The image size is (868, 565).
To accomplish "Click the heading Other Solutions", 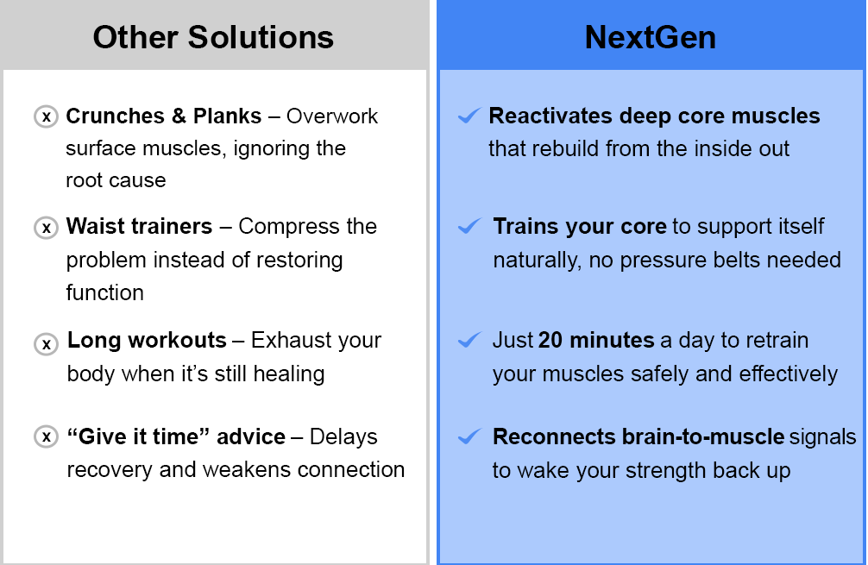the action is pyautogui.click(x=213, y=38).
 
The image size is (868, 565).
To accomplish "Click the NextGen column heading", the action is pyautogui.click(x=651, y=38).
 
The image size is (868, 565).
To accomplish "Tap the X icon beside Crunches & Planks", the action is pyautogui.click(x=47, y=116).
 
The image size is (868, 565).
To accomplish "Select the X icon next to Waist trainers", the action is pyautogui.click(x=47, y=228).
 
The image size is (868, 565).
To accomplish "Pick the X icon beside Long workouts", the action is pyautogui.click(x=47, y=343).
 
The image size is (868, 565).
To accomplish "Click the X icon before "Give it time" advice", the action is pyautogui.click(x=47, y=436).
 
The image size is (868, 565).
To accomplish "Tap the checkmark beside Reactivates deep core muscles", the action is pyautogui.click(x=469, y=116).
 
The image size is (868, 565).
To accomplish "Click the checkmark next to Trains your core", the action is pyautogui.click(x=469, y=226).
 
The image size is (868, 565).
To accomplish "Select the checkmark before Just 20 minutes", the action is pyautogui.click(x=469, y=340).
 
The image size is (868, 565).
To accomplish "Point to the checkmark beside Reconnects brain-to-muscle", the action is pyautogui.click(x=469, y=436).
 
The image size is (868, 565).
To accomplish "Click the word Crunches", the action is pyautogui.click(x=115, y=116).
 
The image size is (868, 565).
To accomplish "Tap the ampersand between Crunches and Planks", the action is pyautogui.click(x=179, y=116).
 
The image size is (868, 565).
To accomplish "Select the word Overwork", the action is pyautogui.click(x=332, y=116).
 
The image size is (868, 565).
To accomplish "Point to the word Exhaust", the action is pyautogui.click(x=291, y=341).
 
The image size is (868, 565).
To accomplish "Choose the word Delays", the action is pyautogui.click(x=343, y=437).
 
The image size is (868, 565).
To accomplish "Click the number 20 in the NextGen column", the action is pyautogui.click(x=550, y=341).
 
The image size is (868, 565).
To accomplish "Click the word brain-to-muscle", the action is pyautogui.click(x=638, y=437).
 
